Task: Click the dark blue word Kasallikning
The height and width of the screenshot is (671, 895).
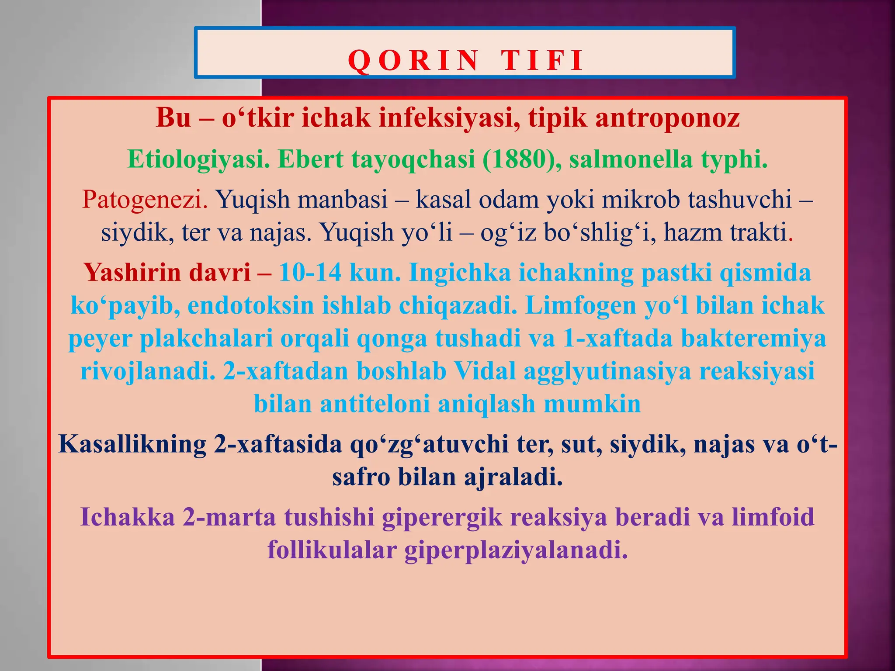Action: coord(132,444)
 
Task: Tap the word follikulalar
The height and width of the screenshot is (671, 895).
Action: coord(332,550)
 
